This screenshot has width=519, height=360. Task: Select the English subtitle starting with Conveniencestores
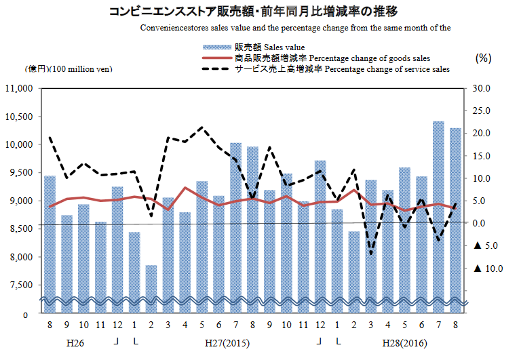pos(296,28)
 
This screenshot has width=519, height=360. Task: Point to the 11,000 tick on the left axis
pos(20,88)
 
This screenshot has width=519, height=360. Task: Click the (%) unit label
pos(483,58)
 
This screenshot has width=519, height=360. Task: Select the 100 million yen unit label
pos(70,68)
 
